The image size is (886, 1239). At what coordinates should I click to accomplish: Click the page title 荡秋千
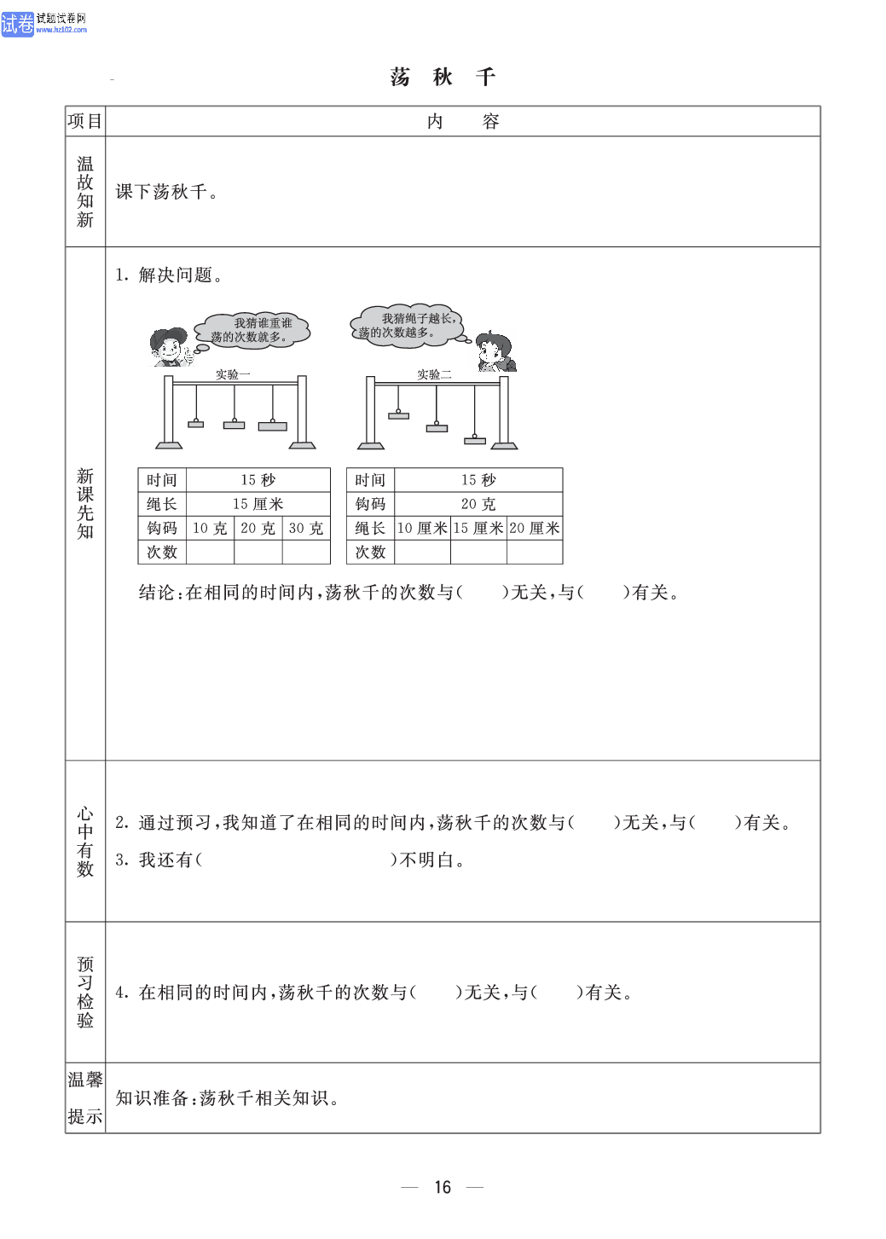tap(443, 77)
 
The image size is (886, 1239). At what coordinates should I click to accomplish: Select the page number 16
tap(443, 1186)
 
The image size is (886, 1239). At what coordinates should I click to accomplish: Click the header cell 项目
tap(84, 121)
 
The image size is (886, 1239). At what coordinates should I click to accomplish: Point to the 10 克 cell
tap(210, 528)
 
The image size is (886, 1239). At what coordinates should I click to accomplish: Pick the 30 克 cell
tap(306, 528)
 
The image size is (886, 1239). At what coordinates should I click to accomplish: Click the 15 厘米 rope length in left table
tap(258, 504)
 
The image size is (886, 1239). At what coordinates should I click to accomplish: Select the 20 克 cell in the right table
tap(478, 504)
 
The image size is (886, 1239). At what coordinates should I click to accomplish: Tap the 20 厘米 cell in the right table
tap(535, 528)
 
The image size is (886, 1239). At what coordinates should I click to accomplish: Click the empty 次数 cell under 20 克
tap(258, 552)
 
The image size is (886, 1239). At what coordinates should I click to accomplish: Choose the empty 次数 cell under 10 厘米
tap(423, 552)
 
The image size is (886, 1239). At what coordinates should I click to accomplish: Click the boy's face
tap(170, 348)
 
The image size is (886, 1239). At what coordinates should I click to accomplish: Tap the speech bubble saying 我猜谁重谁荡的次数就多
tap(252, 330)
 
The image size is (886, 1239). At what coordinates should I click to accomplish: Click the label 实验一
tap(233, 374)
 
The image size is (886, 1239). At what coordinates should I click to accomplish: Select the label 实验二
tap(434, 374)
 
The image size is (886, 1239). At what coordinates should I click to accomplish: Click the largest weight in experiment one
tap(273, 426)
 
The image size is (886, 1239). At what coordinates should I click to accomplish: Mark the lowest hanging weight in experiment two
tap(474, 440)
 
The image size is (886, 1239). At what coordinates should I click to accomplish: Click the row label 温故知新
tap(85, 191)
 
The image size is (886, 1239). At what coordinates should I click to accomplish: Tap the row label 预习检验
tap(85, 992)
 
